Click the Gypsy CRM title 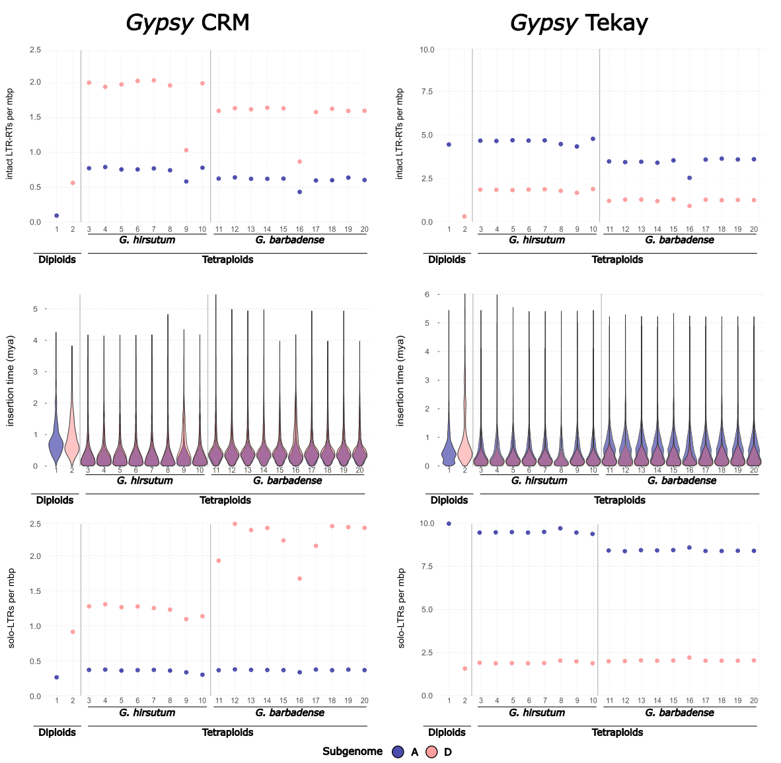[188, 23]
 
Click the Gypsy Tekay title [579, 23]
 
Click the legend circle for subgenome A [398, 752]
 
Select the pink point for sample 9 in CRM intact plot [186, 151]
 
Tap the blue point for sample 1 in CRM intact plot [57, 215]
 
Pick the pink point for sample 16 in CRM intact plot [299, 162]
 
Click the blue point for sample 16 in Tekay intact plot [689, 178]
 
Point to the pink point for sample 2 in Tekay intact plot [465, 217]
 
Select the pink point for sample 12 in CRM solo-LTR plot [235, 524]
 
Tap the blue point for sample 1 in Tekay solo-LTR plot [449, 523]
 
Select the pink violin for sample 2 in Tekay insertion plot [465, 449]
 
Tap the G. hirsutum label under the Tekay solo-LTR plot [537, 713]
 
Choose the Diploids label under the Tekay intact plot [447, 260]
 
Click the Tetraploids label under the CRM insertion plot [225, 500]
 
